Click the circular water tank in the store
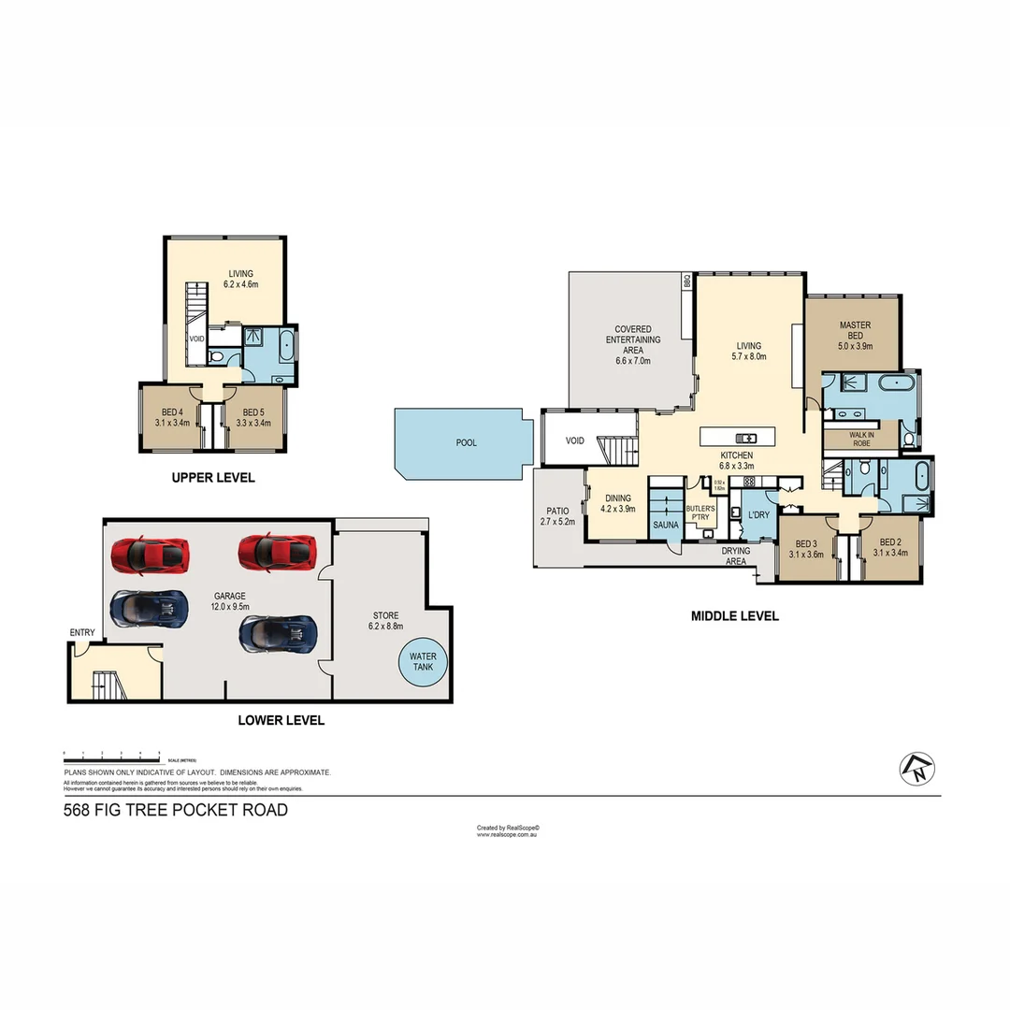(x=423, y=662)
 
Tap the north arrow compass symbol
(x=917, y=768)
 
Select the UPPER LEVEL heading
(x=213, y=478)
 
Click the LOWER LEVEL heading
(x=281, y=720)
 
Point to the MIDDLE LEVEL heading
(x=734, y=616)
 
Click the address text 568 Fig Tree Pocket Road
(x=176, y=810)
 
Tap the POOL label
(x=466, y=442)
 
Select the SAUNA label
(x=666, y=526)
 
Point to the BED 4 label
(x=173, y=417)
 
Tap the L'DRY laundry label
(x=757, y=514)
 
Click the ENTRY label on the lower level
(x=82, y=633)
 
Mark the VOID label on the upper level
(x=196, y=339)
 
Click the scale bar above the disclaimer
(x=112, y=754)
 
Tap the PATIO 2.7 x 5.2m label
(x=557, y=516)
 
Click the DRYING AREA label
(x=736, y=556)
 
